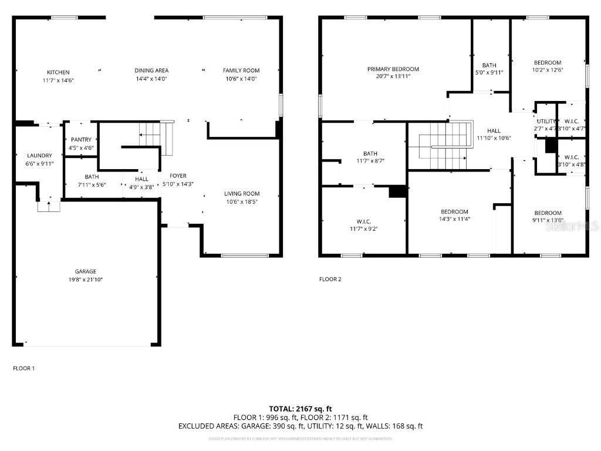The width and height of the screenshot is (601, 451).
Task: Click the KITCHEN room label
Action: [x=58, y=72]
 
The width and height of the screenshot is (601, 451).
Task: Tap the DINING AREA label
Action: [x=151, y=70]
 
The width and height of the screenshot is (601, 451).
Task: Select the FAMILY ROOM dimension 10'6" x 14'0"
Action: [x=241, y=79]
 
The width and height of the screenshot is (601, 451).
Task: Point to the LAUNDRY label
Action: [x=39, y=156]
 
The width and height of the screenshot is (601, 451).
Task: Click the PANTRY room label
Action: [x=81, y=140]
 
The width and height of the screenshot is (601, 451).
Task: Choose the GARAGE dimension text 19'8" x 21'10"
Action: [x=85, y=280]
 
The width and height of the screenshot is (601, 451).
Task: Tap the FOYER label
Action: [x=178, y=176]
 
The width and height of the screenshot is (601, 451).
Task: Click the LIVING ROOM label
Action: [x=241, y=194]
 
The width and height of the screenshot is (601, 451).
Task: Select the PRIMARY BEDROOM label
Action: [x=393, y=69]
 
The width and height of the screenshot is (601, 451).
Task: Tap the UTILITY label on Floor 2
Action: [x=546, y=121]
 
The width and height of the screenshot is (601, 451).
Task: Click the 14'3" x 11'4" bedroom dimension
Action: [x=454, y=220]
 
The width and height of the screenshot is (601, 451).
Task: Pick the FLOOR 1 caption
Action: [x=24, y=368]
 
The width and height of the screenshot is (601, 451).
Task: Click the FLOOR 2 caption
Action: [x=330, y=280]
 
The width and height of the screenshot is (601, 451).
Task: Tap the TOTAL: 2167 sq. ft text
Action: [x=300, y=409]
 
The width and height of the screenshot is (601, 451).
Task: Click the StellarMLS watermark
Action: [x=572, y=225]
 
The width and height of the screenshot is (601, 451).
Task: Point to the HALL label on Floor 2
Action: [x=493, y=131]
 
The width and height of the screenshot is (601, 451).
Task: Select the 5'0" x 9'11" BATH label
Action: [x=489, y=65]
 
